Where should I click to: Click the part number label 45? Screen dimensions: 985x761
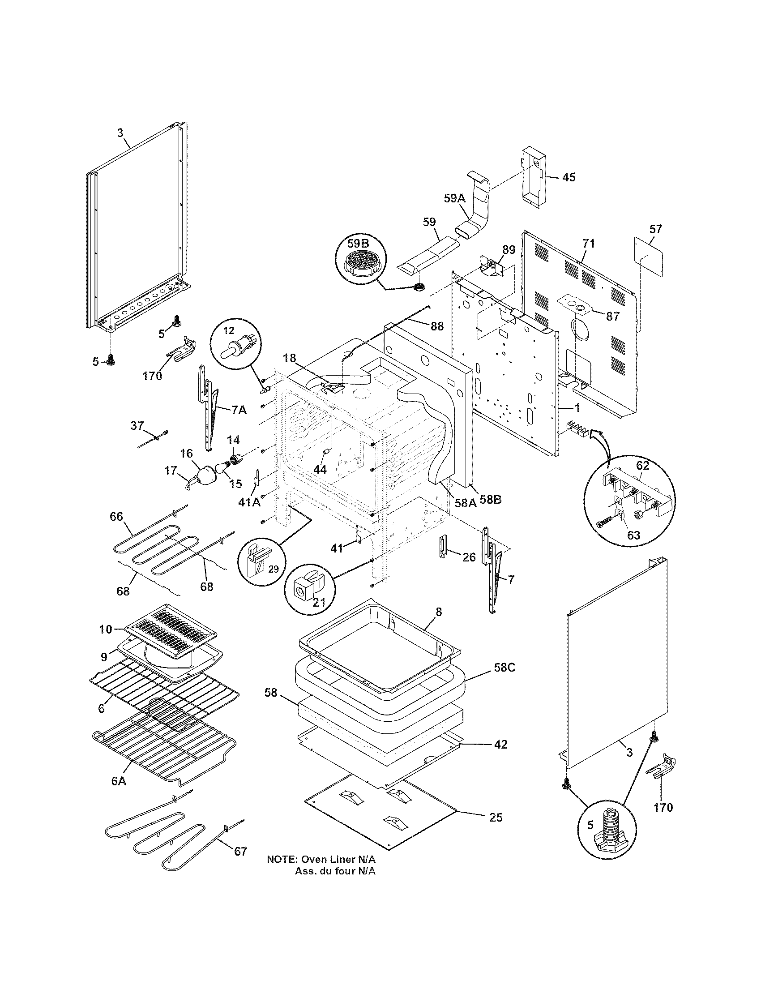click(569, 177)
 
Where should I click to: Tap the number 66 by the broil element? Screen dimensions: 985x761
click(116, 516)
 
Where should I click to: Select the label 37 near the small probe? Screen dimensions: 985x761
click(137, 425)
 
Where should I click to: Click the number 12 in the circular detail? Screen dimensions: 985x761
click(229, 330)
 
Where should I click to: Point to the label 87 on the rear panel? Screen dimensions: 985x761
click(613, 317)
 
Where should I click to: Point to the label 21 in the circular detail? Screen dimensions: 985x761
click(319, 603)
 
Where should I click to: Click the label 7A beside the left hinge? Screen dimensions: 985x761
click(239, 410)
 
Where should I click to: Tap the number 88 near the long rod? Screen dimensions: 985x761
click(436, 326)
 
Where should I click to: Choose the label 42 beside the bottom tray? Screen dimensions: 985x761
click(500, 744)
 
